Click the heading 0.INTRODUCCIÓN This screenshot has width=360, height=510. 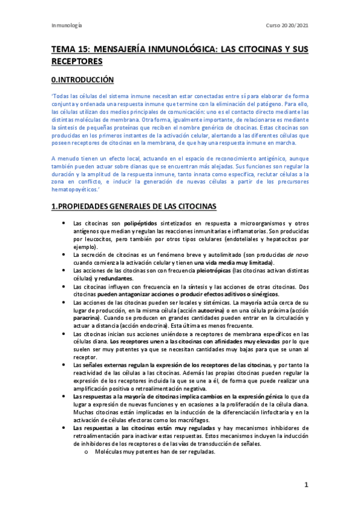[x=81, y=79]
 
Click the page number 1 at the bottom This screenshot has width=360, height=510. [x=306, y=485]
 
